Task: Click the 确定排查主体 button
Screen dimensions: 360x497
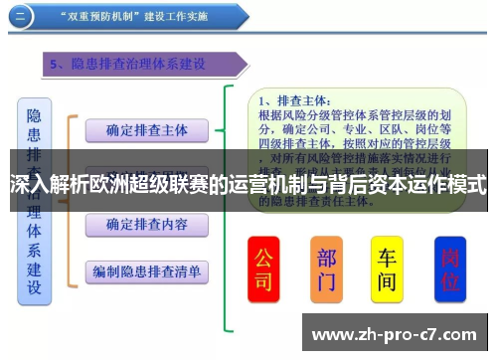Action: pyautogui.click(x=145, y=130)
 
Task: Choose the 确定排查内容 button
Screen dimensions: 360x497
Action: pyautogui.click(x=145, y=224)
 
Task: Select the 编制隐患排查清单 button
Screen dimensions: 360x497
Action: pyautogui.click(x=145, y=270)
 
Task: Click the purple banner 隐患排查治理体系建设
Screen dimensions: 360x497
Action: pyautogui.click(x=139, y=65)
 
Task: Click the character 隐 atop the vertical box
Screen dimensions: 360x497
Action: pyautogui.click(x=34, y=116)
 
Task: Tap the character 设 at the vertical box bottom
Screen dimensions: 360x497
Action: pyautogui.click(x=34, y=287)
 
